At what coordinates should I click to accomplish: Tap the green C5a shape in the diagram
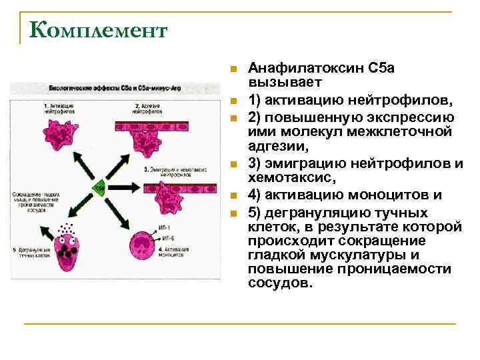pos(100,188)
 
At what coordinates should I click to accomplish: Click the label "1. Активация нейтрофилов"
pos(57,109)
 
